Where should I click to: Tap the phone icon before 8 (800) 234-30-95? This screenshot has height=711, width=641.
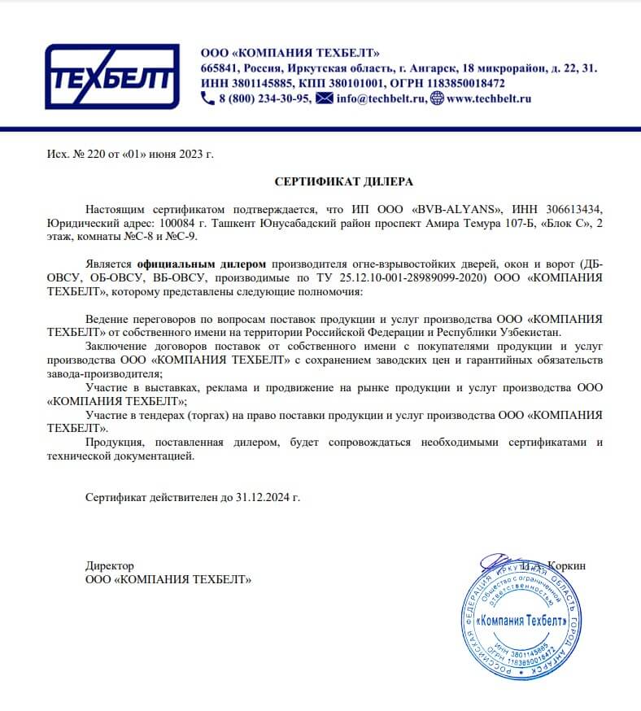(207, 98)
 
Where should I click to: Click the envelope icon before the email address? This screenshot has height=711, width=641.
(324, 98)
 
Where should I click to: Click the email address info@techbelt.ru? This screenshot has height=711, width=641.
(381, 98)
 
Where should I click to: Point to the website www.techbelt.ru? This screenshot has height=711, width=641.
(489, 98)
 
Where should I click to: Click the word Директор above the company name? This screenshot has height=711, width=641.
(110, 565)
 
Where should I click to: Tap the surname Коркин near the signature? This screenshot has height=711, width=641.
(567, 565)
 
